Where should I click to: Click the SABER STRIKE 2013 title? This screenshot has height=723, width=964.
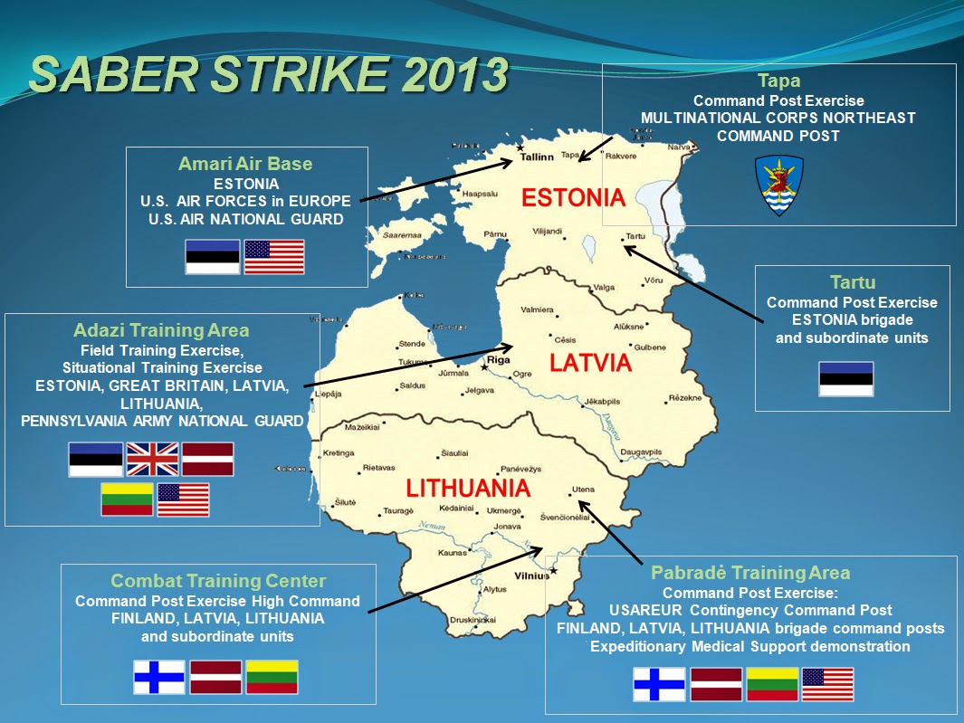tap(268, 75)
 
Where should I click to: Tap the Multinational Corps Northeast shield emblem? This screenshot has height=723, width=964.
tap(778, 185)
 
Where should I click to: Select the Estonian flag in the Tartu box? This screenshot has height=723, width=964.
tap(845, 378)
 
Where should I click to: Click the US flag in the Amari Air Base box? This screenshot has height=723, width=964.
tap(274, 257)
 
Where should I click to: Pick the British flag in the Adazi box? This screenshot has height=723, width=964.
tap(152, 459)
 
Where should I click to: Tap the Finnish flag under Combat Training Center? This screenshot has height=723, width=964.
tap(159, 677)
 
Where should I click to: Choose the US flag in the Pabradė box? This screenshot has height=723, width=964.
tap(827, 684)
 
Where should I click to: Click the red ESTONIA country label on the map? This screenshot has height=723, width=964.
tap(573, 198)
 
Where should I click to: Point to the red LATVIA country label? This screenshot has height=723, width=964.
tap(590, 363)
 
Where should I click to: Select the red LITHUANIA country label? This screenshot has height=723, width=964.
tap(467, 489)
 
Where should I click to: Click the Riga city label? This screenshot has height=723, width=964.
tap(499, 359)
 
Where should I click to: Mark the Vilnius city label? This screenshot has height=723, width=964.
tap(532, 575)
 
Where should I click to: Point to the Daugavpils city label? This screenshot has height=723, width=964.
tap(642, 452)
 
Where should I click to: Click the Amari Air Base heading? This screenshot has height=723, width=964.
tap(245, 164)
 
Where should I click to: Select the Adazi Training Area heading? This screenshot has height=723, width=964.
tap(161, 331)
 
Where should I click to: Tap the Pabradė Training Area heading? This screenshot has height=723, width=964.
tap(750, 573)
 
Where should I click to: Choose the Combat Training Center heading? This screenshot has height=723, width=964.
tap(218, 581)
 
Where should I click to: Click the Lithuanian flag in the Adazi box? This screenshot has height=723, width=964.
tap(127, 499)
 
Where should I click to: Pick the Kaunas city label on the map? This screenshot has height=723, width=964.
tap(452, 552)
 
